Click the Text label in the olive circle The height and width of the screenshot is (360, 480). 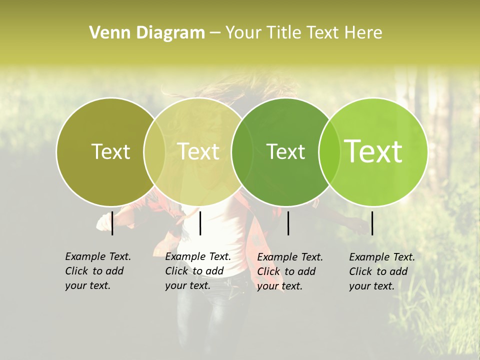(x=110, y=151)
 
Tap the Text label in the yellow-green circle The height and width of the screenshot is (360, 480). (x=198, y=151)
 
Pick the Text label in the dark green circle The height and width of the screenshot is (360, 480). (x=285, y=151)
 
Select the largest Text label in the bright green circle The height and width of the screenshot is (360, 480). (x=373, y=151)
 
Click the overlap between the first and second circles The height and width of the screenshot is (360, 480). (x=154, y=151)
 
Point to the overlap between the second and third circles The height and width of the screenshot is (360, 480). (x=242, y=151)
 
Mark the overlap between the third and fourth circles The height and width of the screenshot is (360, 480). (x=329, y=151)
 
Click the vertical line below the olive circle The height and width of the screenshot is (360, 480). (x=112, y=223)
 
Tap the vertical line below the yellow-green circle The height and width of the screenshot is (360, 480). (x=200, y=223)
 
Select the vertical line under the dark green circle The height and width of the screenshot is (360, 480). (x=288, y=223)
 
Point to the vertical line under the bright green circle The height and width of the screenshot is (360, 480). (x=372, y=223)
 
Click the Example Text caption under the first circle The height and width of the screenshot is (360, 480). (x=97, y=271)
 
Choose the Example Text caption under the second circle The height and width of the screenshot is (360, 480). (x=197, y=271)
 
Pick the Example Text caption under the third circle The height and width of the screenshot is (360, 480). (x=289, y=271)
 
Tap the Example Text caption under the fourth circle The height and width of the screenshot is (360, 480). (x=381, y=271)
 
